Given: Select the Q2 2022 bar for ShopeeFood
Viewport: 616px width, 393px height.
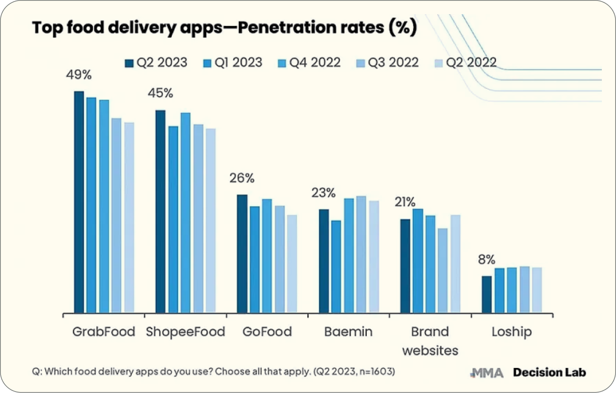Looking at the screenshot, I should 211,220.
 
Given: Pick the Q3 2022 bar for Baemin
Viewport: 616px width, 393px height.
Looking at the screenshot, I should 361,254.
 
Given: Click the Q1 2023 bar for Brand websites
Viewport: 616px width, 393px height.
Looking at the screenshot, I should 418,260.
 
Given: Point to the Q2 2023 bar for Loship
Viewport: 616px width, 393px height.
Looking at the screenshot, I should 487,294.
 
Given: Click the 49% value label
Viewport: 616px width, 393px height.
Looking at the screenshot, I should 79,75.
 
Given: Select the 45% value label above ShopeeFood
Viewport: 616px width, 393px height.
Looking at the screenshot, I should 160,93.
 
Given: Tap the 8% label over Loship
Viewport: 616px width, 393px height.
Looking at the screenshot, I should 486,260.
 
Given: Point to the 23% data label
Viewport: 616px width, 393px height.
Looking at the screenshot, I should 323,193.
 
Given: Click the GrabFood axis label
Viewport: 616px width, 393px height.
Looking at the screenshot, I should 103,332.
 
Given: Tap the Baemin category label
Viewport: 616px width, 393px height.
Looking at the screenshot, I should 348,332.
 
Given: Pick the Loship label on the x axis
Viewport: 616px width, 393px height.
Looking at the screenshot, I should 511,332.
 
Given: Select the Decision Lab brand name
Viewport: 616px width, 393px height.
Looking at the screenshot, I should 549,372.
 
